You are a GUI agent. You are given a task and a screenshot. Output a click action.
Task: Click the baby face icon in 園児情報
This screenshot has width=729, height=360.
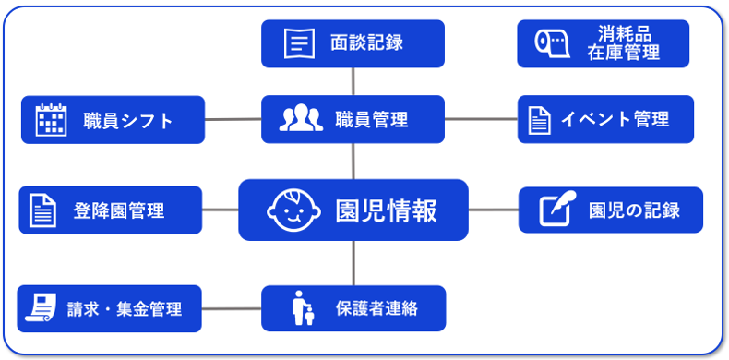pyautogui.click(x=293, y=210)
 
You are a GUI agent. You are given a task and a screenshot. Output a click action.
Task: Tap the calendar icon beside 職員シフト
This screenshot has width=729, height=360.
pyautogui.click(x=51, y=119)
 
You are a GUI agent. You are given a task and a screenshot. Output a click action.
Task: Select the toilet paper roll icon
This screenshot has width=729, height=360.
pyautogui.click(x=552, y=43)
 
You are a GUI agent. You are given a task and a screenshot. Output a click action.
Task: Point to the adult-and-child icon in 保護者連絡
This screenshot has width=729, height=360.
pyautogui.click(x=303, y=308)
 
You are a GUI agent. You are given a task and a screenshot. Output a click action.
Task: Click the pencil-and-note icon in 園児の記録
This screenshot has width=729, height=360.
pyautogui.click(x=558, y=209)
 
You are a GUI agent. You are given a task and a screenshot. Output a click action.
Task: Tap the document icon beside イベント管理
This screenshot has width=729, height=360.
pyautogui.click(x=539, y=120)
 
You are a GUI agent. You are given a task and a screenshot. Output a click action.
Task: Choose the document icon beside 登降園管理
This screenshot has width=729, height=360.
pyautogui.click(x=42, y=210)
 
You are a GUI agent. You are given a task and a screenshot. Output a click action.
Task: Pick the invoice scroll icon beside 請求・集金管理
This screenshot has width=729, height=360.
pyautogui.click(x=41, y=307)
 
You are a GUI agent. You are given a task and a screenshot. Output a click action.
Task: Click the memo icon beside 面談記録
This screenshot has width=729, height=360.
pyautogui.click(x=299, y=43)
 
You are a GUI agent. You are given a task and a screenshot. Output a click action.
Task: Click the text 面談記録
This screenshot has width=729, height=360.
pyautogui.click(x=367, y=42)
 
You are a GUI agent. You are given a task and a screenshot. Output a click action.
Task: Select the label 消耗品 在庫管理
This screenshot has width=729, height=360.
pyautogui.click(x=623, y=43)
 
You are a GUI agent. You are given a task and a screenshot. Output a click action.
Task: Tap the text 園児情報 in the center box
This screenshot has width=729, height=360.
pyautogui.click(x=387, y=210)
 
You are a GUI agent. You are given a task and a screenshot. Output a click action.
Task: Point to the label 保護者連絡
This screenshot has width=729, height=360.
pyautogui.click(x=376, y=308)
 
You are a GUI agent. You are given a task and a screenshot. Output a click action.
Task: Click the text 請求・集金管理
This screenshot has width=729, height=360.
pyautogui.click(x=125, y=308)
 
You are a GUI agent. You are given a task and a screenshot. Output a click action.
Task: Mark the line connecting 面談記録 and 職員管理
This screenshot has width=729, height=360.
pyautogui.click(x=353, y=81)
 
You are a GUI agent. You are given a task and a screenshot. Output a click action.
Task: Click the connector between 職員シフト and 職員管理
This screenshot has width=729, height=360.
pyautogui.click(x=233, y=119)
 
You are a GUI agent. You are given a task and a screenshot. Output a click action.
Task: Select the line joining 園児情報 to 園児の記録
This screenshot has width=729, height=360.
pyautogui.click(x=494, y=210)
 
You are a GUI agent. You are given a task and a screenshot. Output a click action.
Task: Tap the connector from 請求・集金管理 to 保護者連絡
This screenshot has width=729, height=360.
pyautogui.click(x=232, y=308)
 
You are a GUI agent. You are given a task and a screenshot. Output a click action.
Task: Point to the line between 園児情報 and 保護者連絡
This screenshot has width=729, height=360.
pyautogui.click(x=353, y=263)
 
